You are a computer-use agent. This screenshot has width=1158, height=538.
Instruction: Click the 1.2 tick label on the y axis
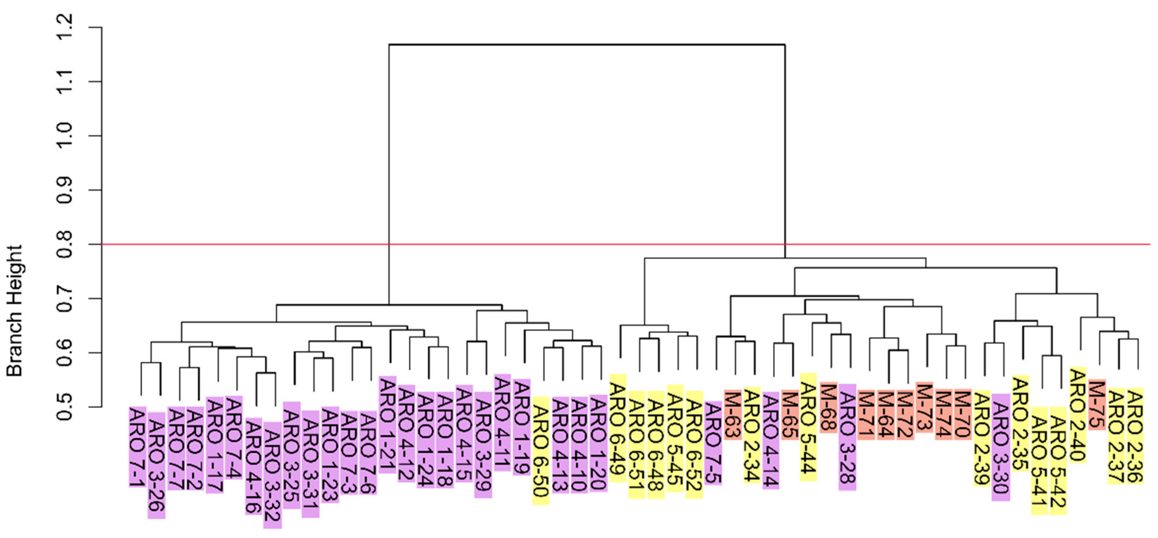pyautogui.click(x=64, y=28)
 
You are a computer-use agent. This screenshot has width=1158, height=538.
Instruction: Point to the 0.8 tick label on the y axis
pyautogui.click(x=64, y=245)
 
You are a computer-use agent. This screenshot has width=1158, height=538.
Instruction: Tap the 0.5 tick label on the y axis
pyautogui.click(x=64, y=407)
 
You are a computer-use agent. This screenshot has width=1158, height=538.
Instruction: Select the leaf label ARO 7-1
pyautogui.click(x=137, y=447)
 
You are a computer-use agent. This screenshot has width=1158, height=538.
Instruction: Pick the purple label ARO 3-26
pyautogui.click(x=156, y=465)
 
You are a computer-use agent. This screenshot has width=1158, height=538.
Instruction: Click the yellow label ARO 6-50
pyautogui.click(x=541, y=450)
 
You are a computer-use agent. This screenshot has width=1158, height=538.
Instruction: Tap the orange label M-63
pyautogui.click(x=732, y=414)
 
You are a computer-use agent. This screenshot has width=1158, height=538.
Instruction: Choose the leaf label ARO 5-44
pyautogui.click(x=808, y=427)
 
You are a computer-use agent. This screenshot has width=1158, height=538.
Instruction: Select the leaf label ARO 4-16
pyautogui.click(x=254, y=466)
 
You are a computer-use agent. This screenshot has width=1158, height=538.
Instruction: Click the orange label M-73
pyautogui.click(x=924, y=407)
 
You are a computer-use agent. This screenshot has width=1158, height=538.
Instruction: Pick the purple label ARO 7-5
pyautogui.click(x=713, y=443)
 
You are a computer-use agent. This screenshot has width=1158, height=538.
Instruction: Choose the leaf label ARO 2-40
pyautogui.click(x=1078, y=415)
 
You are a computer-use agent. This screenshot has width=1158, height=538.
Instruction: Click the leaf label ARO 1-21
pyautogui.click(x=387, y=425)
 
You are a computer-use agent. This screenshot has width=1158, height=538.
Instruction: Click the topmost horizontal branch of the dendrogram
pyautogui.click(x=587, y=44)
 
